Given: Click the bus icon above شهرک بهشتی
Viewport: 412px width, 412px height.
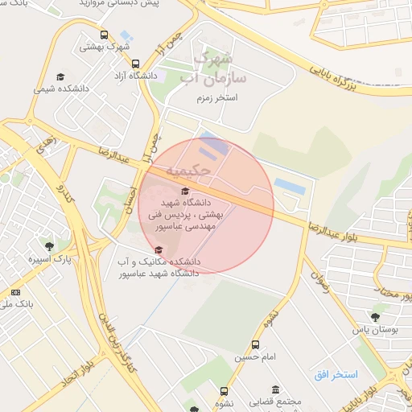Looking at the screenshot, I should click(x=104, y=35).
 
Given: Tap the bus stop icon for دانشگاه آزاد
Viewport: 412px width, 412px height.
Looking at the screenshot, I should click(x=134, y=63).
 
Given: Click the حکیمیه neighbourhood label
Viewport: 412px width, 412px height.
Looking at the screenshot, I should click(x=190, y=171).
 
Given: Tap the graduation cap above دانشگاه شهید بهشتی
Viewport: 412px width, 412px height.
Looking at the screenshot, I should click(x=186, y=191).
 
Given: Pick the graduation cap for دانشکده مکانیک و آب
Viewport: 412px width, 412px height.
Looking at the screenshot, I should click(x=158, y=249).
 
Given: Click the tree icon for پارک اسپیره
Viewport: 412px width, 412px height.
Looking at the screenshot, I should click(x=50, y=246).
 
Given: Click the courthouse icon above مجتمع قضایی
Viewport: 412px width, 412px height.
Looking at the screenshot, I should click(x=276, y=389).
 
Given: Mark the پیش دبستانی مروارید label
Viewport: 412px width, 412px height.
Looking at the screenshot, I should click(x=124, y=4).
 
